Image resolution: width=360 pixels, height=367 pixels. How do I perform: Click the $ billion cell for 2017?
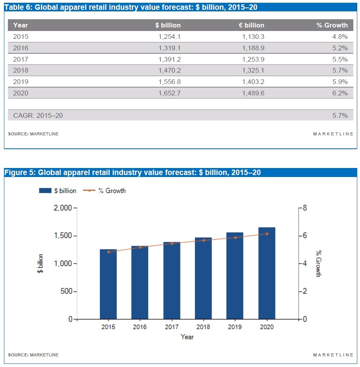(x=168, y=59)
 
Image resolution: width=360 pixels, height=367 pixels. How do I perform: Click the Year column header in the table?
(x=20, y=25)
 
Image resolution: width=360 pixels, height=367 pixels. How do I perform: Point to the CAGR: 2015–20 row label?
(x=38, y=115)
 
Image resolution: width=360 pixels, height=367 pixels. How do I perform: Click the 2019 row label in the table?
(x=21, y=82)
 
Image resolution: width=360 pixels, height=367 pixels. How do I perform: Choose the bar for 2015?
(x=108, y=284)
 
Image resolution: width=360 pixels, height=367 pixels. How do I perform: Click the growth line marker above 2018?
(x=203, y=240)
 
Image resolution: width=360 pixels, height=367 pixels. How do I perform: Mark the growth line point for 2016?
(x=140, y=247)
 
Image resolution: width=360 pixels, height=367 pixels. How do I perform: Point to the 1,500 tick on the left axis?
(x=63, y=236)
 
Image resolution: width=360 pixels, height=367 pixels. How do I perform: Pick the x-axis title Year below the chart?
(x=187, y=337)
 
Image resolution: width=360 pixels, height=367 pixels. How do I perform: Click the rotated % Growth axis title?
(x=318, y=263)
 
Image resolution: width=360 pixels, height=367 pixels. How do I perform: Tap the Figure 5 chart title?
(x=132, y=172)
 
